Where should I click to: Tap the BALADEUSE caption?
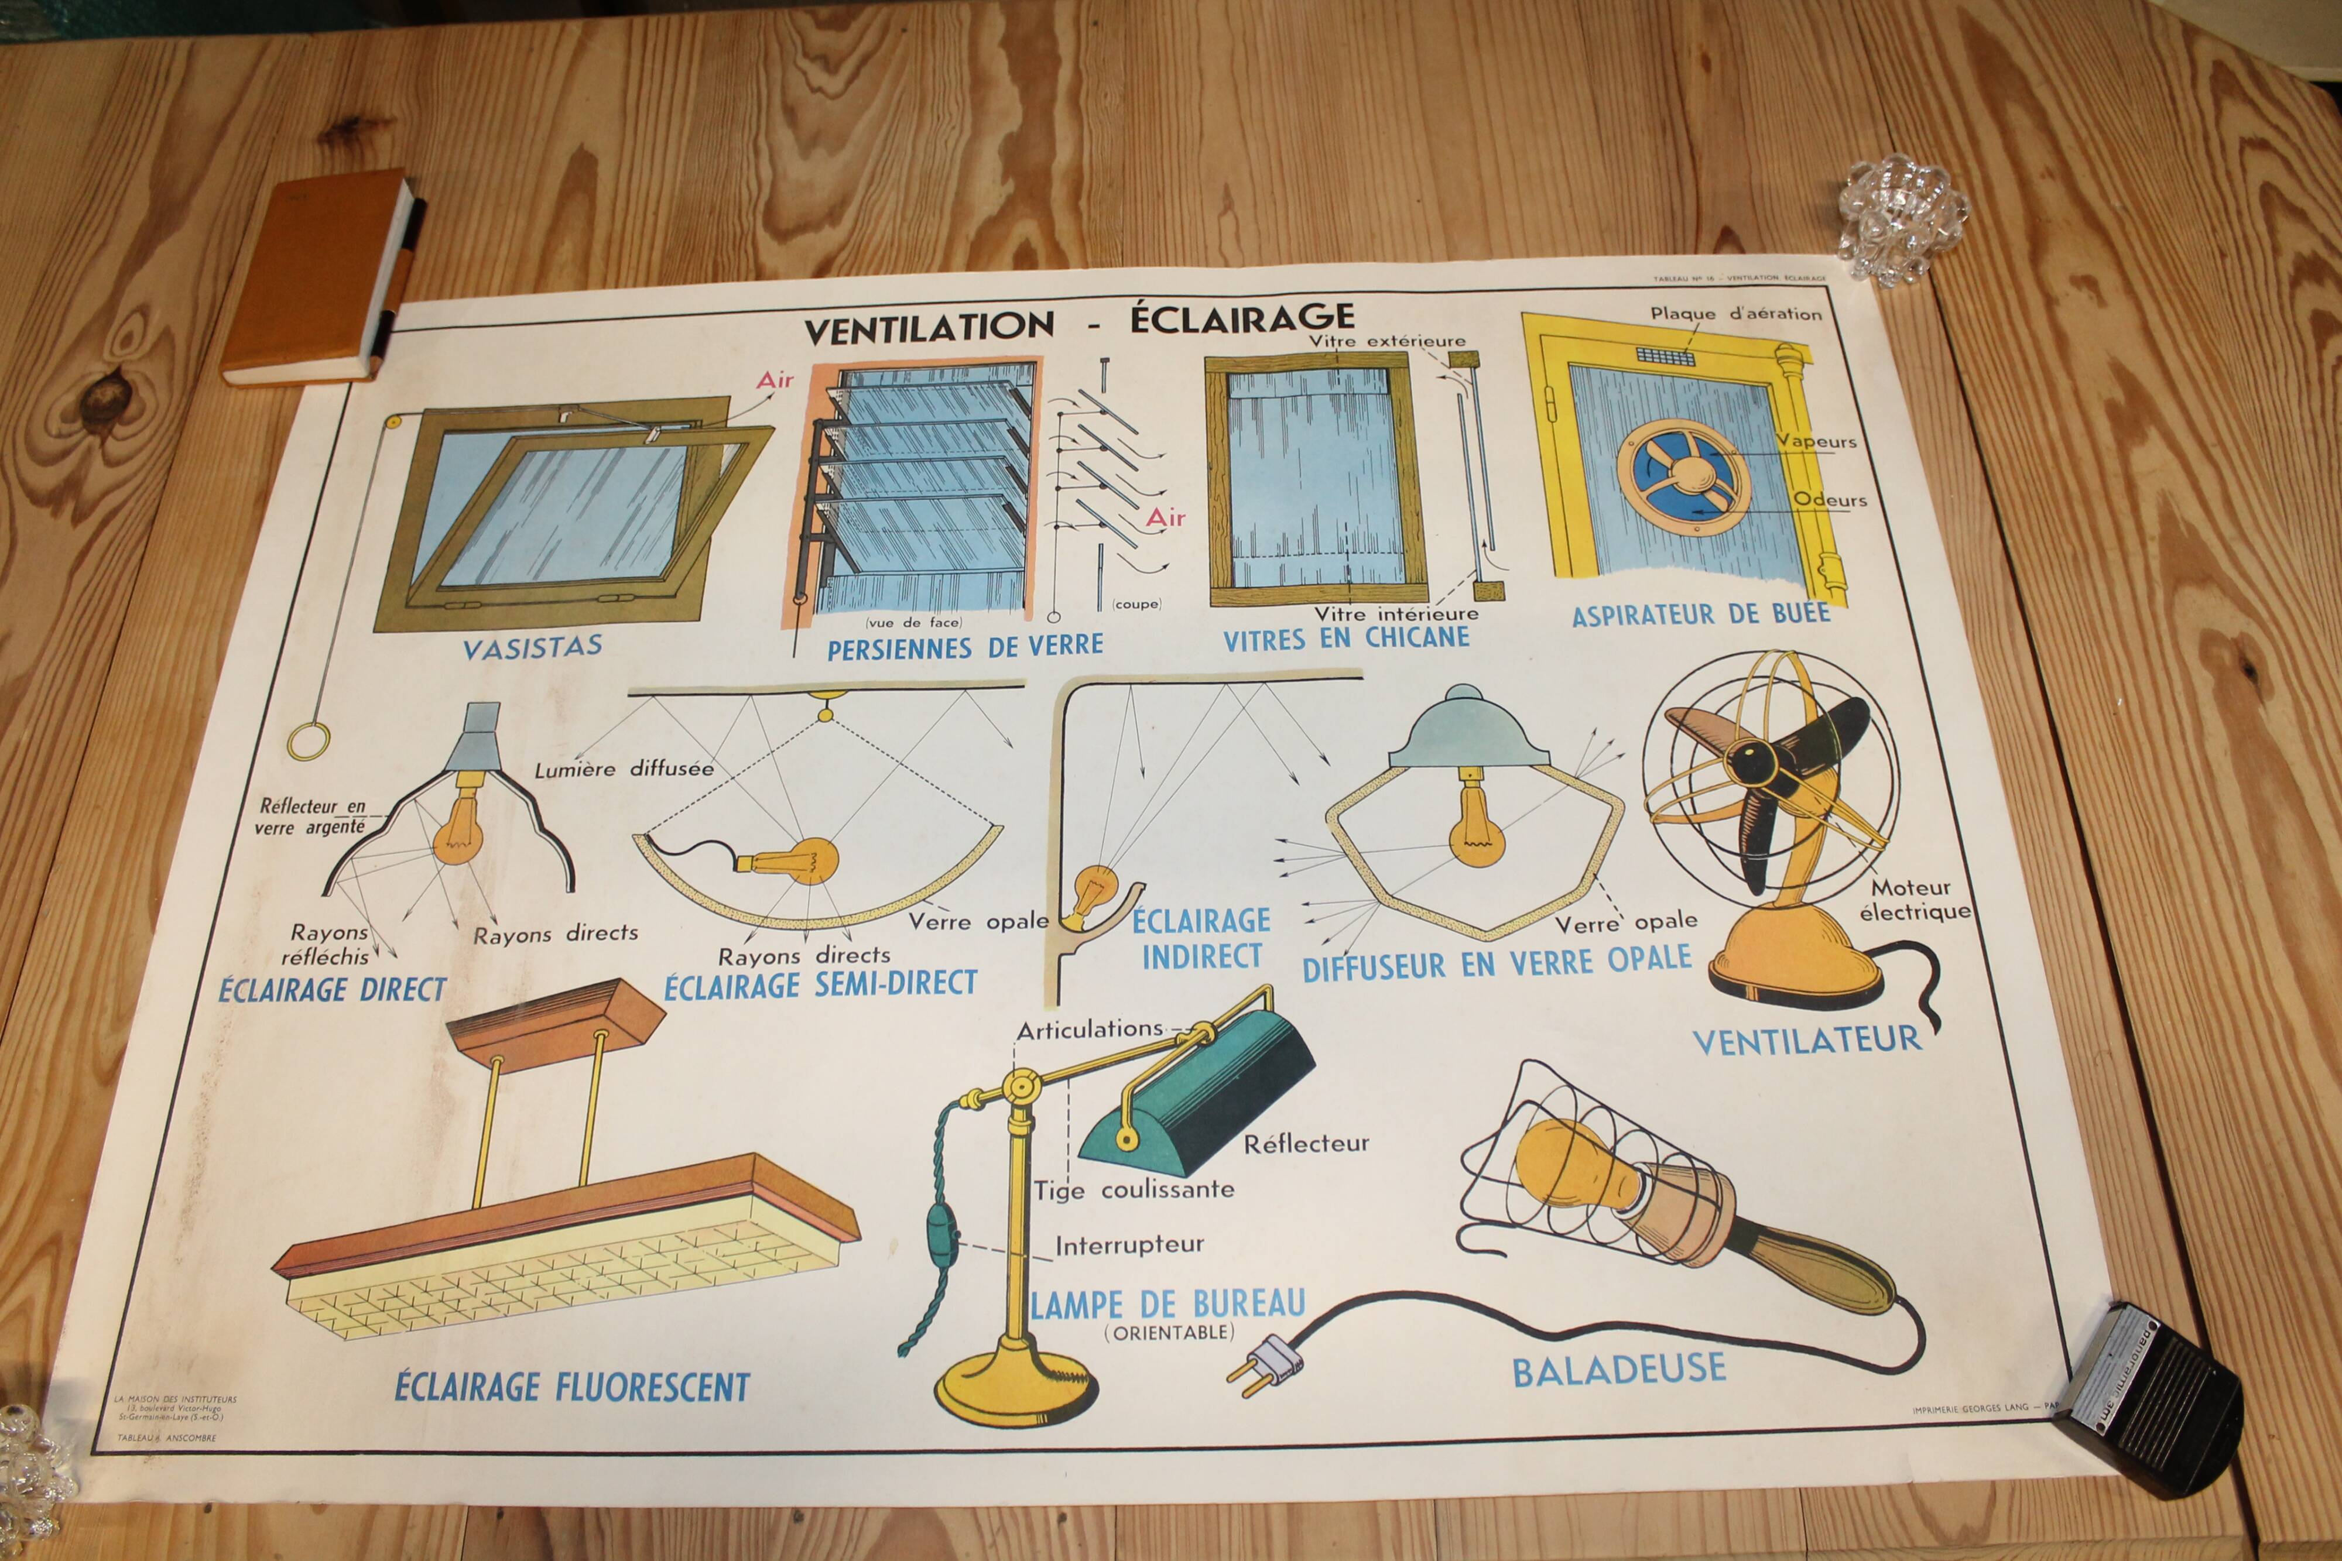1619,1370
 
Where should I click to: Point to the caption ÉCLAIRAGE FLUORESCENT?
571,1386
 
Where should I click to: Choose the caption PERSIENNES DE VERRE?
965,648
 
